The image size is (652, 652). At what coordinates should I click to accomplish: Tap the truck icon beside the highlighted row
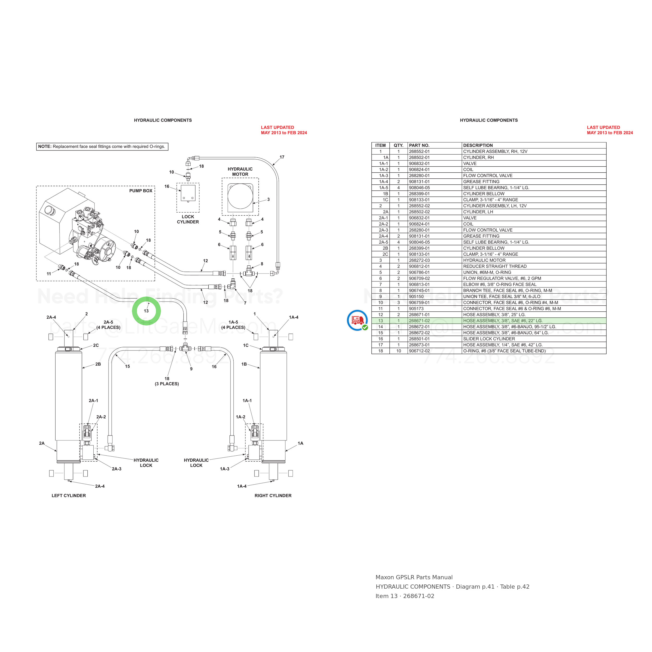[x=357, y=320]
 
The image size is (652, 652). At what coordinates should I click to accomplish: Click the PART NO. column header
[x=419, y=146]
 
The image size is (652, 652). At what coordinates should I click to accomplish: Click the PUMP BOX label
[x=141, y=191]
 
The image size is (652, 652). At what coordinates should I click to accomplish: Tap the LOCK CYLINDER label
[x=188, y=219]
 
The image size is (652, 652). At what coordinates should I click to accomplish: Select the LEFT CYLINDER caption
[x=69, y=496]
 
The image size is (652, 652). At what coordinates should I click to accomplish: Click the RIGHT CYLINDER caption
[x=273, y=496]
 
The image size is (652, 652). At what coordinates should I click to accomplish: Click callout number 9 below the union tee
[x=191, y=369]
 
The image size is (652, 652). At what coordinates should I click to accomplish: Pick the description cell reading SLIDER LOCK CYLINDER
[x=489, y=339]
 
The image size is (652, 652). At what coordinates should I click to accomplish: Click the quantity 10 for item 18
[x=399, y=351]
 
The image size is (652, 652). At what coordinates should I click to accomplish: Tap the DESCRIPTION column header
[x=478, y=146]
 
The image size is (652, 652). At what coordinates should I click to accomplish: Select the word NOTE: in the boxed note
[x=45, y=147]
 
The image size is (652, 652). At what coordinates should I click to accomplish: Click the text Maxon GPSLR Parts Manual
[x=414, y=577]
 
